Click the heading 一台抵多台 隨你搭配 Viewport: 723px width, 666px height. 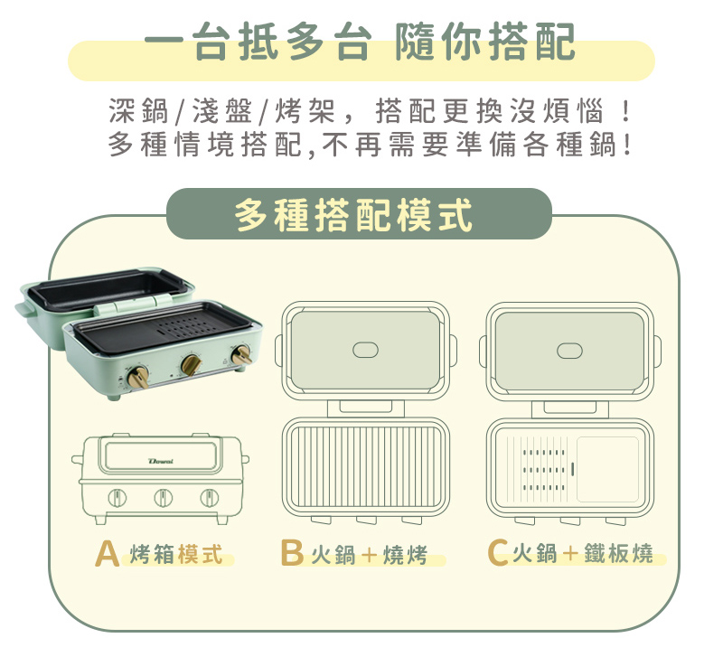tap(360, 42)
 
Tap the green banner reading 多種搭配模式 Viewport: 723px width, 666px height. tap(359, 213)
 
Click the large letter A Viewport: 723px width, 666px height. tap(107, 553)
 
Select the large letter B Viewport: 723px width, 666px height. tap(292, 553)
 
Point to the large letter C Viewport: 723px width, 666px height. tap(498, 553)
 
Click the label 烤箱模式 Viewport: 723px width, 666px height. tap(176, 554)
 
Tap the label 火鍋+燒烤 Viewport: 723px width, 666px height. tap(370, 555)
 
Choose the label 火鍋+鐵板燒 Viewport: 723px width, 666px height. tap(583, 554)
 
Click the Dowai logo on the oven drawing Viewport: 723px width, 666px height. tap(161, 461)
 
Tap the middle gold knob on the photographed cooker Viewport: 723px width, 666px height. tap(191, 364)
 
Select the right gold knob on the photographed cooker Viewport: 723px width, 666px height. tap(241, 355)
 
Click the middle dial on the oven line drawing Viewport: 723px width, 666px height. tap(163, 498)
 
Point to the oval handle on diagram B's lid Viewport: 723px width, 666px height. tap(365, 350)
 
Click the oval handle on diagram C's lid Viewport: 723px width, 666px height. tap(569, 351)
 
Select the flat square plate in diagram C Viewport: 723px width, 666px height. tap(607, 469)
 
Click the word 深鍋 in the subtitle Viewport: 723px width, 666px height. tap(139, 111)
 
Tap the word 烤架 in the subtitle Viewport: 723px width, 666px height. tap(305, 111)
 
